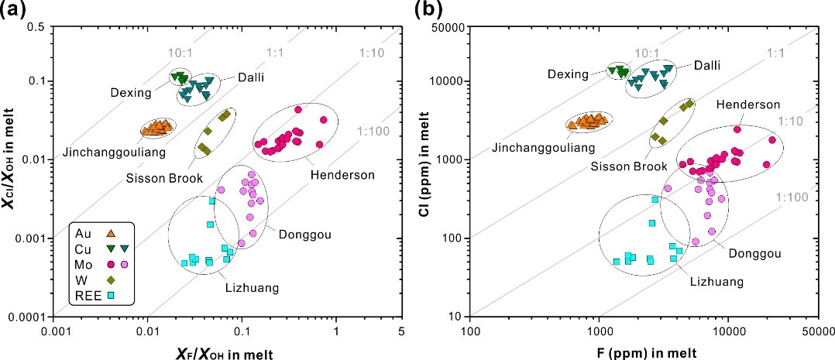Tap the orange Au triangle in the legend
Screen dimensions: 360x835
(x=111, y=232)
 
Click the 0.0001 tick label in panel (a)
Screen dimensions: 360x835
(x=26, y=317)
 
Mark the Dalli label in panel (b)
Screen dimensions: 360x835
(x=706, y=66)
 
